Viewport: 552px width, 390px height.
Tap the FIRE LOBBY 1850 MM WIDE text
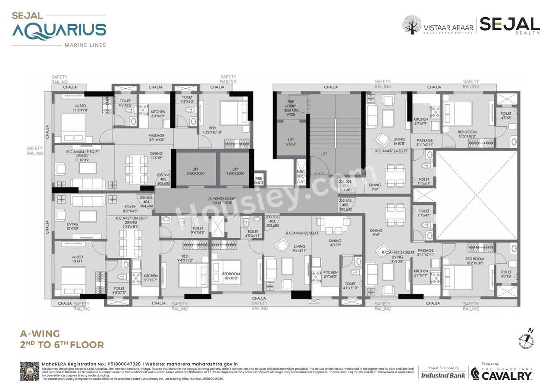click(x=291, y=108)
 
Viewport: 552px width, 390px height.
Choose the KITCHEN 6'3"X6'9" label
click(x=158, y=114)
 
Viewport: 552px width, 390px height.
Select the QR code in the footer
click(x=30, y=371)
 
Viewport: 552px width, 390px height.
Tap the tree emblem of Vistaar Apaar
click(x=412, y=25)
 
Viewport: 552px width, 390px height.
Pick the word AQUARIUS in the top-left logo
click(x=59, y=31)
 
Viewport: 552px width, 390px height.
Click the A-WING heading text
click(x=40, y=334)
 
